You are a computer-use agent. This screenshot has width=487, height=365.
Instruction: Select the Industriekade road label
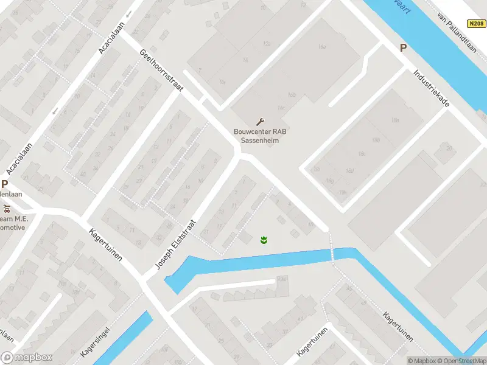(431, 87)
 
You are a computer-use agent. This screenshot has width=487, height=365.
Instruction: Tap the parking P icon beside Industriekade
(402, 48)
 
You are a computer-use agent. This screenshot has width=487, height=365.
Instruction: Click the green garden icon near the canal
(264, 240)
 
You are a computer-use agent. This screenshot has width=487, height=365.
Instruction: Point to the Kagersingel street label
(93, 344)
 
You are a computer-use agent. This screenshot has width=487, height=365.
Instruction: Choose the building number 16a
(322, 47)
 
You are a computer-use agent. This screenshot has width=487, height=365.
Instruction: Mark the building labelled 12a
(266, 44)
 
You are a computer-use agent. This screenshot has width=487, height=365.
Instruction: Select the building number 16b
(292, 95)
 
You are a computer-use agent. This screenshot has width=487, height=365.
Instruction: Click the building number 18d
(349, 171)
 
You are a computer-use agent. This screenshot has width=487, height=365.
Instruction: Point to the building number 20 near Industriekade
(449, 148)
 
